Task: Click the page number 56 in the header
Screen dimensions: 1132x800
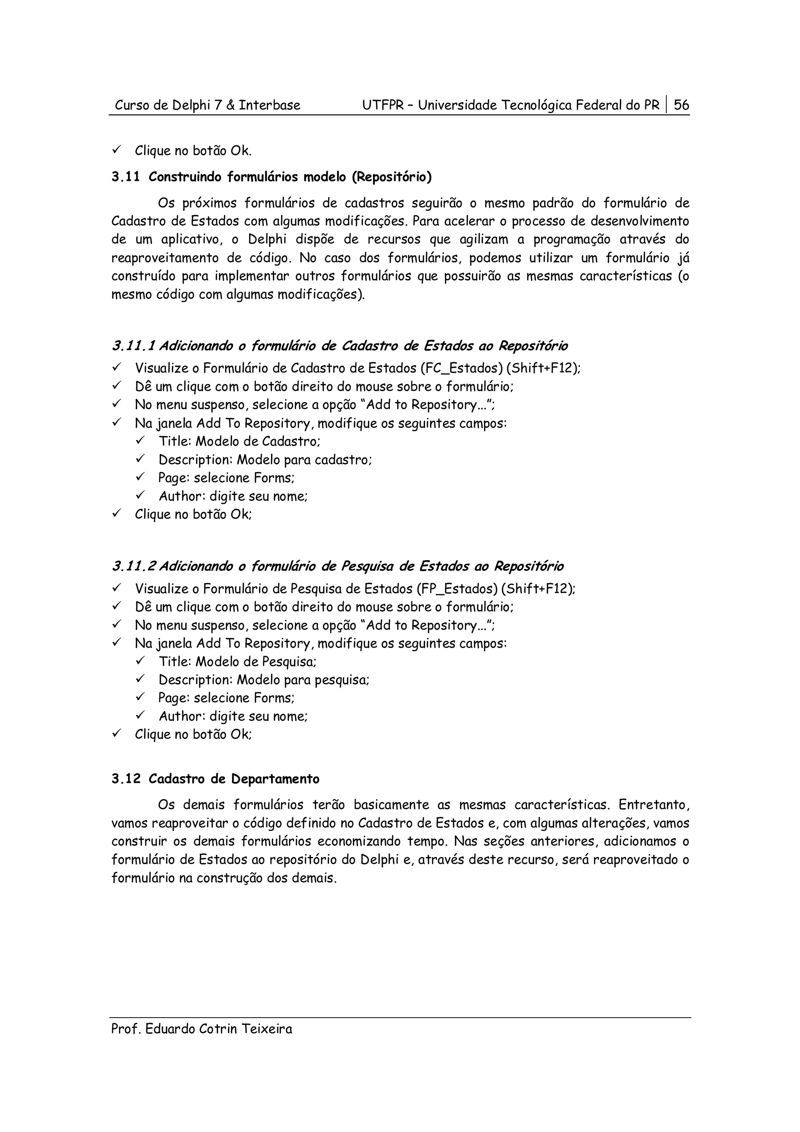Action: coord(681,105)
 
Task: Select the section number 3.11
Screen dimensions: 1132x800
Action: coord(126,177)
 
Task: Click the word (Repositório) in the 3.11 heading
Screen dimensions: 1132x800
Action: coord(391,177)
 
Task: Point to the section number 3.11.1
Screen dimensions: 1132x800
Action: coord(133,346)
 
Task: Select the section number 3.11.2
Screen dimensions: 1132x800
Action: coord(134,566)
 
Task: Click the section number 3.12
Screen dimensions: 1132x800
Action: coord(126,779)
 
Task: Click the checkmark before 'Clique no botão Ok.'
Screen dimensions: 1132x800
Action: coord(116,150)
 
